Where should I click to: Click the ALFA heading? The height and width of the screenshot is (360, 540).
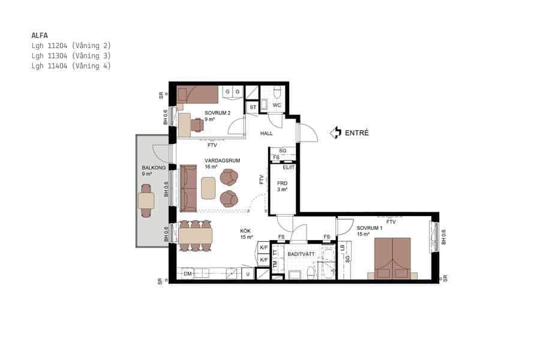[x=39, y=35]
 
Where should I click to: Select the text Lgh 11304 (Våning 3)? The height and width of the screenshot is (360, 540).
[x=71, y=56]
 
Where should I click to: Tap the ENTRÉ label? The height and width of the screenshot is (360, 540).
[x=356, y=133]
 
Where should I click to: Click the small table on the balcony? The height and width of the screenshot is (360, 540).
[x=146, y=200]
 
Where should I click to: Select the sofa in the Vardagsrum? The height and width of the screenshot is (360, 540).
[x=189, y=188]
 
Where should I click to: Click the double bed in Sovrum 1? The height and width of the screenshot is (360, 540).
[x=393, y=258]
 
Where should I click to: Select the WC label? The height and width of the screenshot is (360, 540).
[x=277, y=105]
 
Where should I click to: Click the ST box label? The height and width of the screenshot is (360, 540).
[x=253, y=107]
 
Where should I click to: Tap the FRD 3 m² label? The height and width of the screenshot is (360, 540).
[x=281, y=186]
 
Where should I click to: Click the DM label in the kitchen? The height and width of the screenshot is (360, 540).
[x=187, y=274]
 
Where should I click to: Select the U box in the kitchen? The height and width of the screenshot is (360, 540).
[x=247, y=274]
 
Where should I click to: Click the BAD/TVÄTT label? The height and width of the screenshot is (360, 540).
[x=301, y=254]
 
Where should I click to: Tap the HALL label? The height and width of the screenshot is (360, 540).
[x=266, y=133]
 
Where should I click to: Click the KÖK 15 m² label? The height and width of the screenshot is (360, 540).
[x=246, y=233]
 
